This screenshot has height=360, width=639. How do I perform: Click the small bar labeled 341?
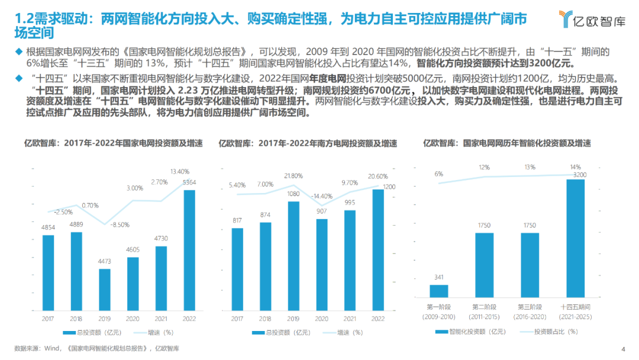point(438,290)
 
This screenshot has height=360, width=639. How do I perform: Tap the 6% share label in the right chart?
point(438,174)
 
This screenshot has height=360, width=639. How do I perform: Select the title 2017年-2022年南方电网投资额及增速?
point(308,143)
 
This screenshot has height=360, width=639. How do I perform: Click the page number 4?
point(623,348)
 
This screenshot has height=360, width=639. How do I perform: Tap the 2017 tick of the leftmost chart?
point(49,319)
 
